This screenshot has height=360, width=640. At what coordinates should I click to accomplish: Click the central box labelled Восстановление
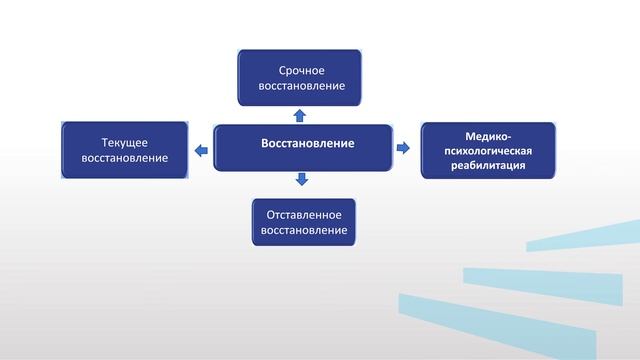click(x=302, y=147)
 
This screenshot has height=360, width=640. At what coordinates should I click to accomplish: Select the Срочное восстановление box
click(x=299, y=77)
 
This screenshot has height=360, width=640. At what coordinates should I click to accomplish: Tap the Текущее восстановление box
click(x=125, y=150)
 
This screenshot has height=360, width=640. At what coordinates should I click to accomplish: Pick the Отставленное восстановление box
click(x=304, y=222)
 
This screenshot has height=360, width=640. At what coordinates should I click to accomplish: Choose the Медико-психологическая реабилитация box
click(x=488, y=150)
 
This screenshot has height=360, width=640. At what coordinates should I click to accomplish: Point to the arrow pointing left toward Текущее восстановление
click(x=201, y=150)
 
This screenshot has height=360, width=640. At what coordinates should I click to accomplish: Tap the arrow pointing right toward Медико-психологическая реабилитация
click(x=404, y=148)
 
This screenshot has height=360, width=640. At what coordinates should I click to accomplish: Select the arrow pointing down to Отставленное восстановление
click(x=302, y=180)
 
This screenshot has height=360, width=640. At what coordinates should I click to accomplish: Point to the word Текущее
click(x=125, y=142)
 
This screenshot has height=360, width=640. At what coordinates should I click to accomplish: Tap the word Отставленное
click(x=304, y=214)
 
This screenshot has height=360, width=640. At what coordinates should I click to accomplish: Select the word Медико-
click(x=488, y=136)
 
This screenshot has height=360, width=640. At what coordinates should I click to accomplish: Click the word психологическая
click(x=488, y=150)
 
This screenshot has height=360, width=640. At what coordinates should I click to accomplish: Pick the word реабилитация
click(x=488, y=165)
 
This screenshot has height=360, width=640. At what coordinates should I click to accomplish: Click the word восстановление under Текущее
click(x=125, y=159)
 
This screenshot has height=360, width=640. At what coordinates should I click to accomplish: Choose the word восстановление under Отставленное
click(x=304, y=231)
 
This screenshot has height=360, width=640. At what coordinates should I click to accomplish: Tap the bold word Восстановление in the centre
click(x=307, y=143)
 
